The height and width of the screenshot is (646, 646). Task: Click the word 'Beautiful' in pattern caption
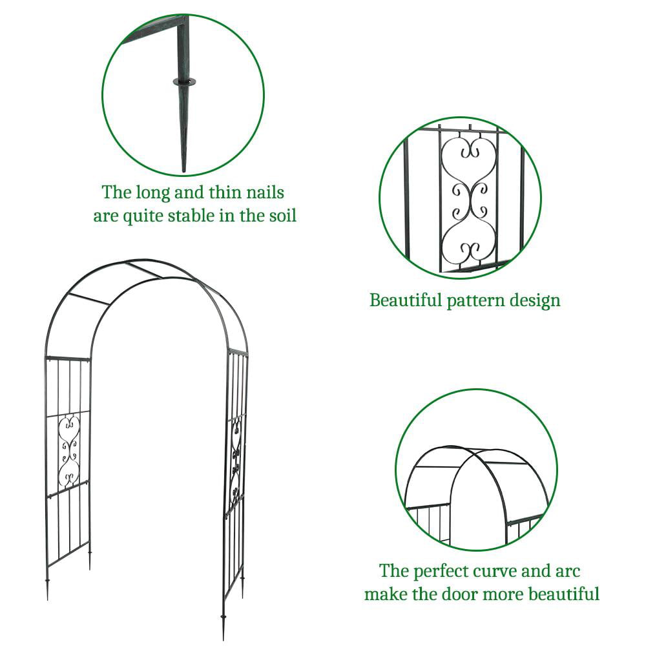pyautogui.click(x=405, y=300)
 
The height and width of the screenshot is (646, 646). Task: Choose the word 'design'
pyautogui.click(x=536, y=300)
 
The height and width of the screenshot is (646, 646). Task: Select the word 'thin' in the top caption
pyautogui.click(x=222, y=193)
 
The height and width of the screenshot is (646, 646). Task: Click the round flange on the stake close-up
pyautogui.click(x=183, y=81)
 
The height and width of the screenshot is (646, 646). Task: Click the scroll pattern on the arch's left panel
pyautogui.click(x=68, y=451)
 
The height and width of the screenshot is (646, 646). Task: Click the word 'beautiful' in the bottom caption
pyautogui.click(x=562, y=593)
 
